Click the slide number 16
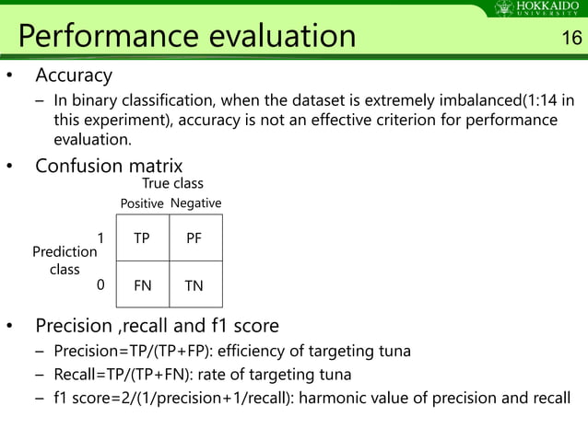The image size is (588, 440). pyautogui.click(x=570, y=38)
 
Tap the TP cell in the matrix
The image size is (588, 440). pyautogui.click(x=142, y=238)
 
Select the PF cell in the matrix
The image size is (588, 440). pyautogui.click(x=194, y=238)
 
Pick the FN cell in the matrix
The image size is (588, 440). pyautogui.click(x=142, y=285)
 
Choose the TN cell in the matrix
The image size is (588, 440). pyautogui.click(x=194, y=285)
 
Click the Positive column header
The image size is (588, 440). pyautogui.click(x=142, y=203)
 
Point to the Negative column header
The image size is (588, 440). pyautogui.click(x=195, y=203)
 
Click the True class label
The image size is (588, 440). pyautogui.click(x=172, y=184)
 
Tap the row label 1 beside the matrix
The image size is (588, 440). pyautogui.click(x=100, y=237)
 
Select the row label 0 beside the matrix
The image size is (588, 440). pyautogui.click(x=100, y=284)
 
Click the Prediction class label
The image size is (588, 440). pyautogui.click(x=65, y=261)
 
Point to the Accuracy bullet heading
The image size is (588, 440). pyautogui.click(x=73, y=75)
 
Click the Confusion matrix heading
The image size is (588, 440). pyautogui.click(x=109, y=166)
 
